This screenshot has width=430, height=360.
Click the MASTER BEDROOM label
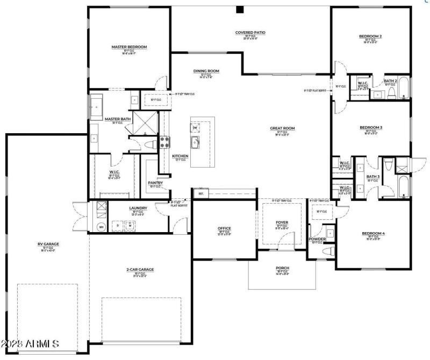tap(129, 47)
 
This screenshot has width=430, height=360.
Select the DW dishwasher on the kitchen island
tap(195, 127)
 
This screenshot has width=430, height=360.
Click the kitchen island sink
tap(195, 142)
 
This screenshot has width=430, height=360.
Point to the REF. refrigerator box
tap(201, 193)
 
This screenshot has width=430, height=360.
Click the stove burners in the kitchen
tap(164, 142)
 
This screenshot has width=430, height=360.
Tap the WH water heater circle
tap(101, 227)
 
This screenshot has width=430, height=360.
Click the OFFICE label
tap(224, 228)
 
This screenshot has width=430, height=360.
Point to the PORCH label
tap(282, 267)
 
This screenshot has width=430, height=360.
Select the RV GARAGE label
tap(48, 243)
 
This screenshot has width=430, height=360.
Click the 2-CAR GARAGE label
tap(140, 270)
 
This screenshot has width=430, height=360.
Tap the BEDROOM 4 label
tap(376, 233)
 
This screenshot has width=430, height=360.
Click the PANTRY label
tap(155, 183)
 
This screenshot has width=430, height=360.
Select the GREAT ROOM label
tap(282, 128)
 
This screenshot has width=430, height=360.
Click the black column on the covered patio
tap(240, 9)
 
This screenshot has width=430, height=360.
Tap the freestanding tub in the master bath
tap(97, 107)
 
